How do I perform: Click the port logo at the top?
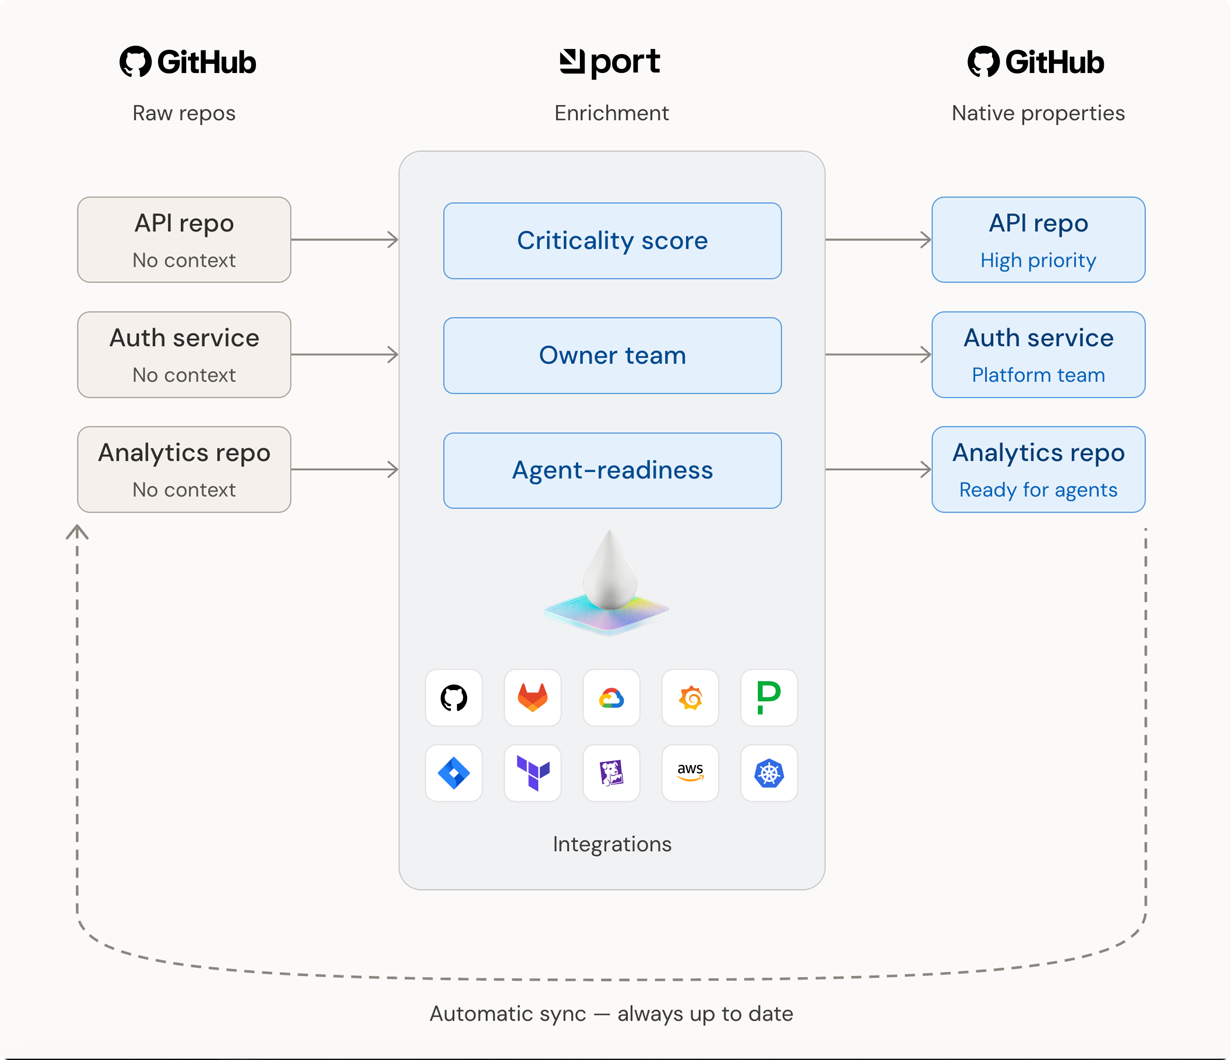(x=609, y=62)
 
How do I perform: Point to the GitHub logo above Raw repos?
(x=188, y=62)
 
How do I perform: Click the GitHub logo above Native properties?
(x=1036, y=62)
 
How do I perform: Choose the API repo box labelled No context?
(x=184, y=240)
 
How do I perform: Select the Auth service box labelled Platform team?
(x=1038, y=354)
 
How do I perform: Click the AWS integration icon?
(x=690, y=773)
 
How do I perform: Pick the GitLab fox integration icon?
(x=533, y=697)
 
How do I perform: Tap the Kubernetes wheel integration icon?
(x=769, y=773)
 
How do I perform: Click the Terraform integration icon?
(x=533, y=773)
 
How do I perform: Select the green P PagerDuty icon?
(x=769, y=697)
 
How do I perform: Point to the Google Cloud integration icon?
(x=611, y=697)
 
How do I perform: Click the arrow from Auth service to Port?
(x=345, y=354)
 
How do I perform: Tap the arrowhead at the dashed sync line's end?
(x=77, y=531)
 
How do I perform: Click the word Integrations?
(x=612, y=844)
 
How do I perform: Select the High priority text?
(x=1038, y=260)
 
